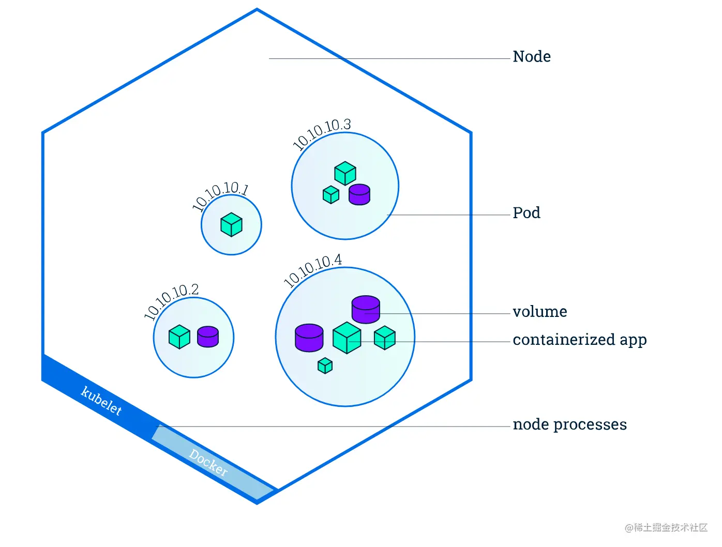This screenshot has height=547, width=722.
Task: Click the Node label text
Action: click(x=531, y=56)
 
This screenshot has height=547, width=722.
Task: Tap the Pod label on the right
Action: click(x=527, y=212)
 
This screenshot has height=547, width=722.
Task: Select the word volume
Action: click(x=540, y=311)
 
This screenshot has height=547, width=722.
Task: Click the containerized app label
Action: click(x=580, y=340)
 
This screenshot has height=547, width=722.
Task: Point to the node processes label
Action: click(x=570, y=424)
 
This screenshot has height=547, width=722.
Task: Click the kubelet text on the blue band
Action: click(x=101, y=401)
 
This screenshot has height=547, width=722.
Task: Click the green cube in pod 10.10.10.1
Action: click(x=231, y=224)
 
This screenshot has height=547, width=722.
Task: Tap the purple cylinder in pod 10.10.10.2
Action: click(x=208, y=337)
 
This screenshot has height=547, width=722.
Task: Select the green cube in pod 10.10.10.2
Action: click(x=179, y=337)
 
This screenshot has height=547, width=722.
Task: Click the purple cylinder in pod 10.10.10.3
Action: click(x=359, y=194)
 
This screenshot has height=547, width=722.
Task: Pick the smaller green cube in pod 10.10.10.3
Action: click(x=331, y=194)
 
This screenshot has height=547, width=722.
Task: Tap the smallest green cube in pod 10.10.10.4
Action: click(x=325, y=366)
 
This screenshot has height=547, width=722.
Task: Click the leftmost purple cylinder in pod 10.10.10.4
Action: click(x=309, y=338)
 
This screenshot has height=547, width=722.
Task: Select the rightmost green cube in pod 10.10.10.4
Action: click(x=384, y=338)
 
